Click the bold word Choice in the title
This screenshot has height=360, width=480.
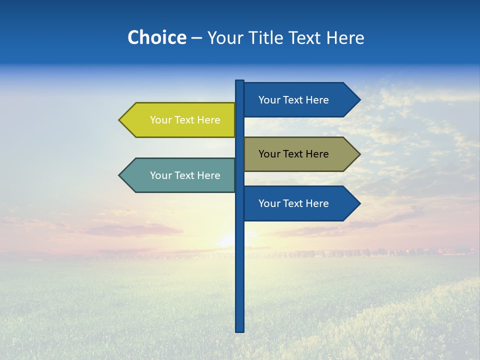click(156, 37)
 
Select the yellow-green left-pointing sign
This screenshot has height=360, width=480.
click(180, 120)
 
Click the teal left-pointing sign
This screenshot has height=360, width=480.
click(180, 175)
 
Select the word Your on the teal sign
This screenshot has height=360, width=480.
click(160, 175)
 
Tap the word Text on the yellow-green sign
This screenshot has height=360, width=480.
click(184, 120)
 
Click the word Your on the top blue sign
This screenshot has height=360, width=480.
click(269, 100)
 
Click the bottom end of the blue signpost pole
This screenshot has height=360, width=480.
click(240, 330)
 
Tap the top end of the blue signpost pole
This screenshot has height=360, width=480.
click(240, 82)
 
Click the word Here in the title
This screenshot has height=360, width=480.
click(345, 37)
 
